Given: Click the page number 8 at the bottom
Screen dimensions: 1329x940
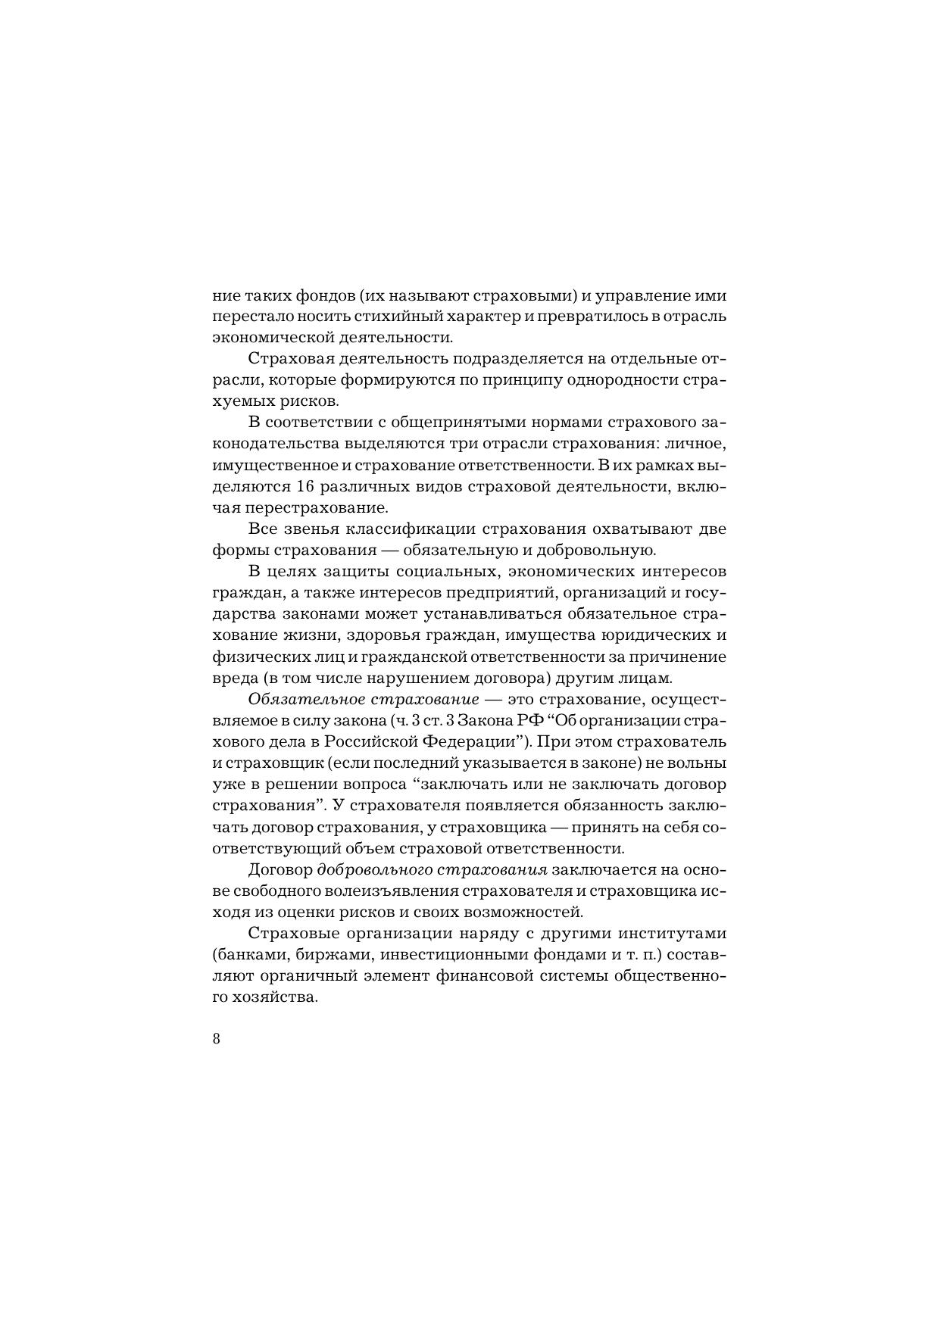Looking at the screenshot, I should coord(217,1038).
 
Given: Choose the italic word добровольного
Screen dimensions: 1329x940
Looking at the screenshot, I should coord(366,869).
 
